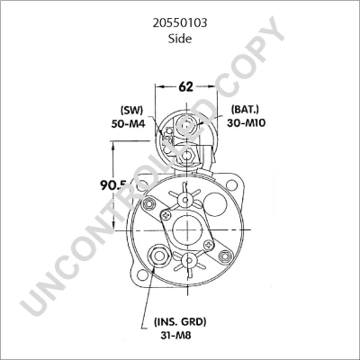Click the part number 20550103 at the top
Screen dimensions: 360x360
point(180,17)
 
